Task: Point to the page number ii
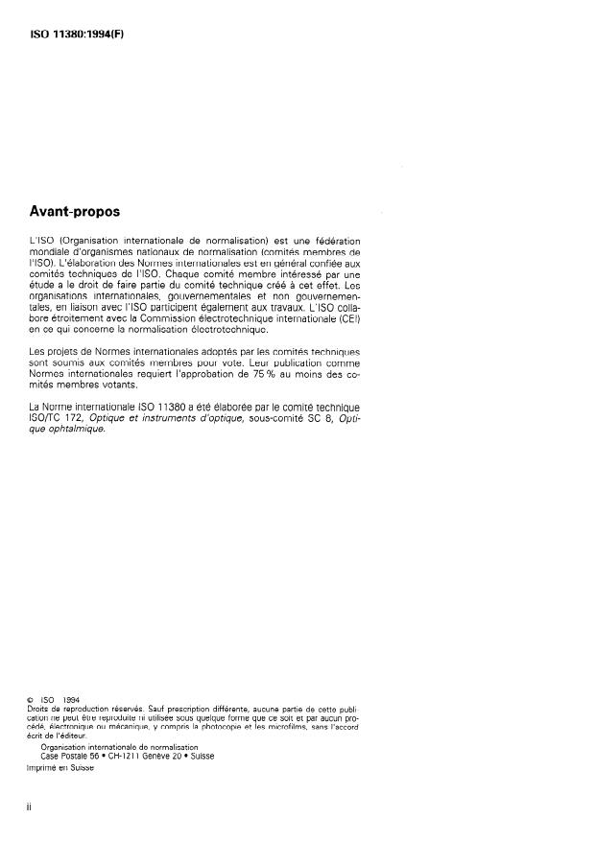(x=31, y=807)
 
